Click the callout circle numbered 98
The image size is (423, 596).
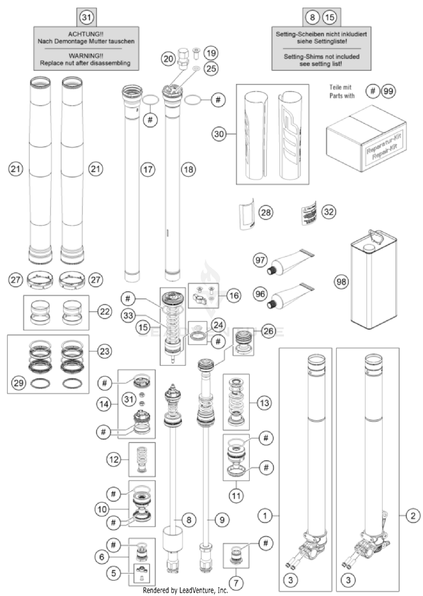pos(341,282)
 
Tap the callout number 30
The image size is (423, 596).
pos(219,134)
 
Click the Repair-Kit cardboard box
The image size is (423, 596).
pos(366,138)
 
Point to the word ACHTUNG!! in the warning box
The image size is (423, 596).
pos(86,34)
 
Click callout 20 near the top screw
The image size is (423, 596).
pos(168,59)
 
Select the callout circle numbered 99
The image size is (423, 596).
pos(388,91)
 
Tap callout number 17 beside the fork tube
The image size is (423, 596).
pos(148,170)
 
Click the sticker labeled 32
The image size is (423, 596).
pos(309,213)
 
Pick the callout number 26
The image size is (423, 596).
pos(268,331)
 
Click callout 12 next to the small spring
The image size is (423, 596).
pos(114,460)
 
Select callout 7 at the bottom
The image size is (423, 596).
pos(236,583)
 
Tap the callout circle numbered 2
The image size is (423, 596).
pos(413,516)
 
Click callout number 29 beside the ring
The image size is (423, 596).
pos(19,383)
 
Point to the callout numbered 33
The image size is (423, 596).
pos(128,315)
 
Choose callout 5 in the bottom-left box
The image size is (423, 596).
pos(114,573)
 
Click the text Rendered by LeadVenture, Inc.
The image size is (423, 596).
pos(185,590)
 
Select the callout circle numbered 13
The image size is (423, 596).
pos(264,403)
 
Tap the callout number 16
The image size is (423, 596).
pos(234,296)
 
